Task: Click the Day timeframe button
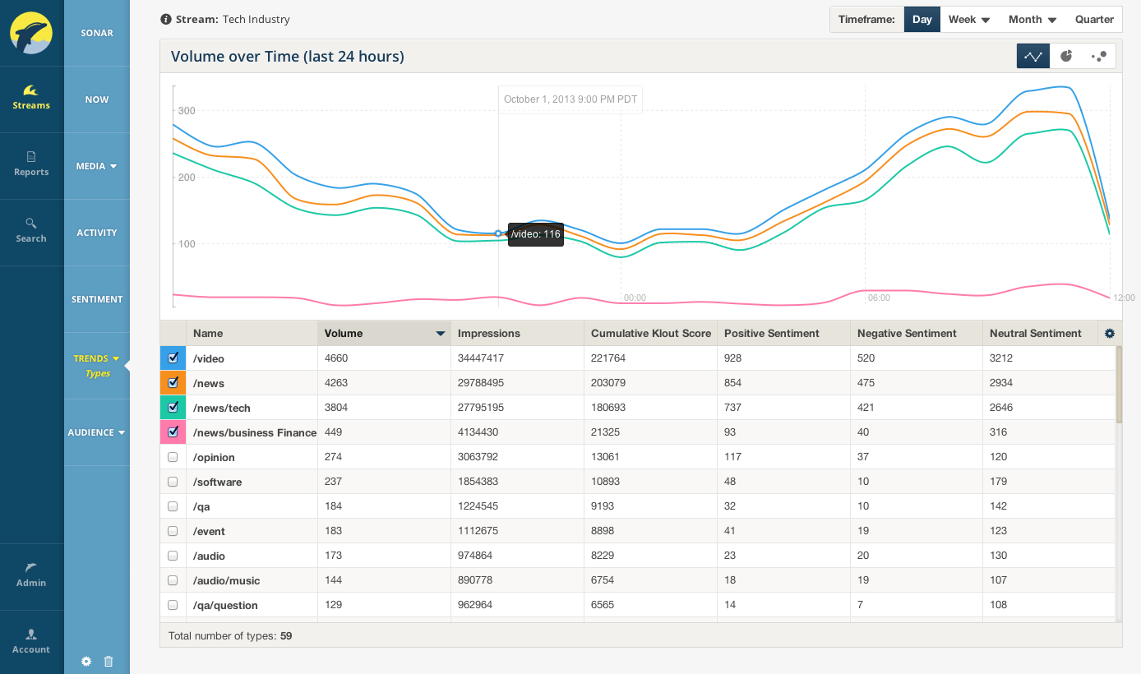922,20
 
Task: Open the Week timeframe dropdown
969,20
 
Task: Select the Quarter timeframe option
1094,20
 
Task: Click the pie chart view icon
1066,56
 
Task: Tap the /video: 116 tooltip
536,234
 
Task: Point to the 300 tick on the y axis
187,110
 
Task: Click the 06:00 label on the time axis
879,298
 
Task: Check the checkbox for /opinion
173,457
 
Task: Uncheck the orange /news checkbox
173,382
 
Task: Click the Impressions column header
488,333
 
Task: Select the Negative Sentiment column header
907,333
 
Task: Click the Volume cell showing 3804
336,408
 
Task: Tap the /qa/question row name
225,605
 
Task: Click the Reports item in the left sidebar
31,164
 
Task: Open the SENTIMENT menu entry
97,299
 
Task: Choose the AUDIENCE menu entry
96,432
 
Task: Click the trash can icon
109,662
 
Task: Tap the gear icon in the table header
1110,333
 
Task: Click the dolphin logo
31,33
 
